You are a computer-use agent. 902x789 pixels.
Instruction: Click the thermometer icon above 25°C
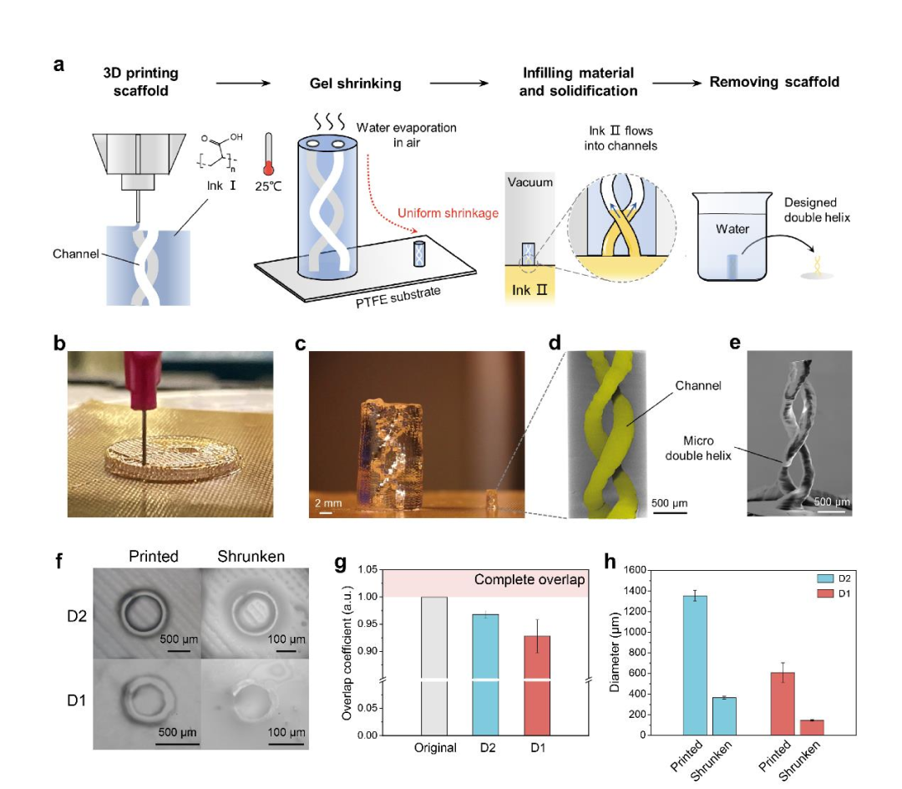pyautogui.click(x=268, y=154)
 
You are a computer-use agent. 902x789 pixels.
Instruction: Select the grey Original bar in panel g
pyautogui.click(x=434, y=666)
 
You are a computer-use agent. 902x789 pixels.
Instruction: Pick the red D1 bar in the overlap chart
pyautogui.click(x=537, y=685)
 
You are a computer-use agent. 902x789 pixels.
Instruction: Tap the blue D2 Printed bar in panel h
pyautogui.click(x=695, y=665)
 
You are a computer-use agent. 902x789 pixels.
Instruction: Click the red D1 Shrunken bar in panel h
pyautogui.click(x=812, y=727)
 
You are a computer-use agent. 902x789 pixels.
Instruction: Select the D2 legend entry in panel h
pyautogui.click(x=834, y=578)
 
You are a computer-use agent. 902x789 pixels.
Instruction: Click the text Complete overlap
pyautogui.click(x=530, y=579)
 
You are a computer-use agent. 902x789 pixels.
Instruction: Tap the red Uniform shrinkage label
pyautogui.click(x=448, y=213)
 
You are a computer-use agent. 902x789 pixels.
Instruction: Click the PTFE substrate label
pyautogui.click(x=398, y=297)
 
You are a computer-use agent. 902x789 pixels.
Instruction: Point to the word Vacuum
pyautogui.click(x=530, y=182)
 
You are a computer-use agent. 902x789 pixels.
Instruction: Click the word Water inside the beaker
pyautogui.click(x=732, y=229)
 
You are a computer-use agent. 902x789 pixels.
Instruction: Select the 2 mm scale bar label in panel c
pyautogui.click(x=328, y=503)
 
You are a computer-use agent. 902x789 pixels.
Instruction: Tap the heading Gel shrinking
pyautogui.click(x=356, y=84)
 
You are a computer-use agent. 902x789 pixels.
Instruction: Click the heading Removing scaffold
pyautogui.click(x=774, y=82)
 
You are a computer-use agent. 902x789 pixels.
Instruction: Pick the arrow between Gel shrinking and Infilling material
pyautogui.click(x=459, y=84)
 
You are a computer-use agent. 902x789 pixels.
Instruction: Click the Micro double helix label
pyautogui.click(x=697, y=448)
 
